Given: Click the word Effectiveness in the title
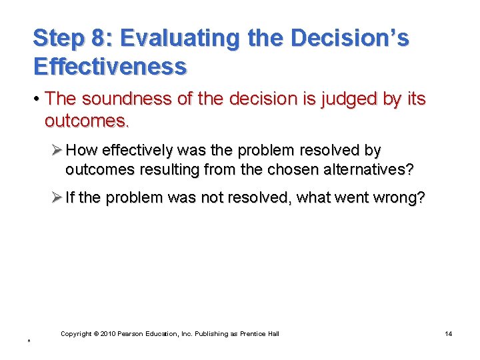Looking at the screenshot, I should tap(110, 66).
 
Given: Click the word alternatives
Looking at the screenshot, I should tap(363, 170).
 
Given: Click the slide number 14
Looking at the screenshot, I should tap(448, 333).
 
